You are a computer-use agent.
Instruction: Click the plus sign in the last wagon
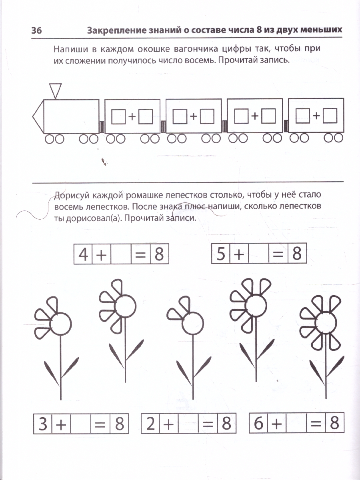tap(316, 116)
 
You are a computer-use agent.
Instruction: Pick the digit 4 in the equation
tap(83, 255)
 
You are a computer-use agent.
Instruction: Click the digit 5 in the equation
tap(221, 254)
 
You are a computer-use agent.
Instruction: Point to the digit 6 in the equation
tap(258, 423)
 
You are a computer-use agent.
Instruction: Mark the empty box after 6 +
tap(296, 423)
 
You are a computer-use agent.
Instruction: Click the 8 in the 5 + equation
tap(296, 254)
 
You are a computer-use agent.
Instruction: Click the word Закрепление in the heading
tap(113, 31)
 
